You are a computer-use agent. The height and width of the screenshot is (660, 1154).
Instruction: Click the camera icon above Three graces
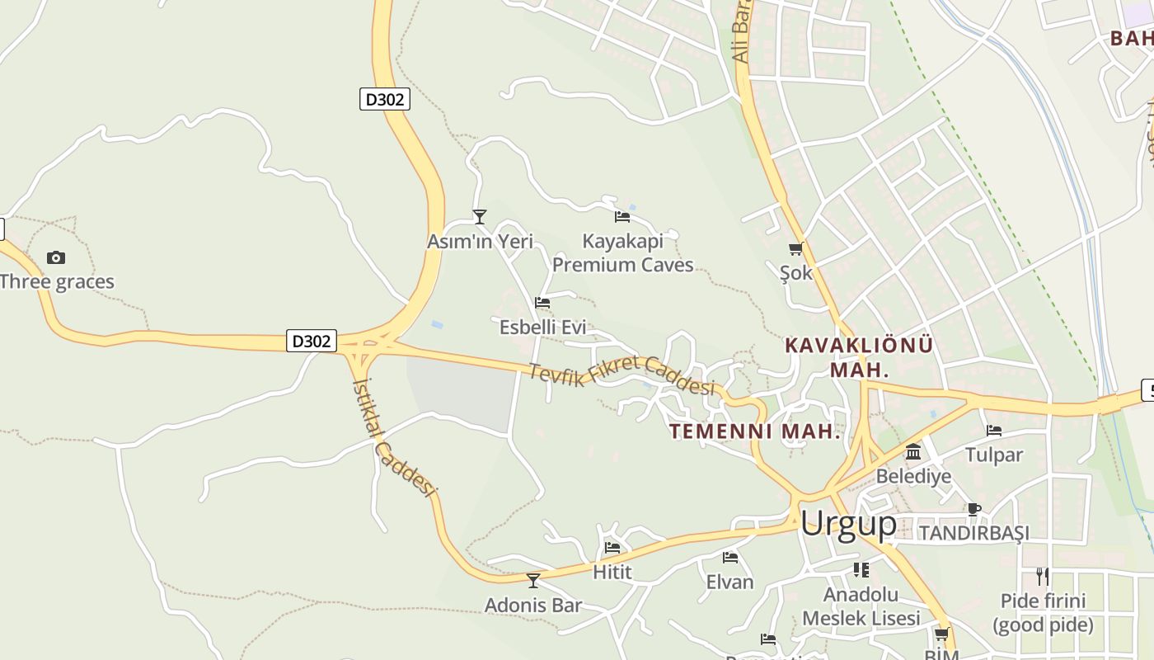56,257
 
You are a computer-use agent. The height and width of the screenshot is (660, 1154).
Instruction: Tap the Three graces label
57,281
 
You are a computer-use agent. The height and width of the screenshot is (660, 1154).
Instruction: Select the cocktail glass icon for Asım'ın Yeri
480,217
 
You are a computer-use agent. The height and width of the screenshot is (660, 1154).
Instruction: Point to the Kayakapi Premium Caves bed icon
622,217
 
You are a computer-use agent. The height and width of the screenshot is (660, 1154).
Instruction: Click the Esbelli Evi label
542,328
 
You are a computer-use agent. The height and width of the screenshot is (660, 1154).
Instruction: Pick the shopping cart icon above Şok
795,248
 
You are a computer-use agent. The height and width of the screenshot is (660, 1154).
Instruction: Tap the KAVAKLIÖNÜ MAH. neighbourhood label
859,356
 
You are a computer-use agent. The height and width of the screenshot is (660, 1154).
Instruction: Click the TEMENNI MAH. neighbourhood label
754,431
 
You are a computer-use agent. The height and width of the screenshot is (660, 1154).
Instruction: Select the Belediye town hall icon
913,452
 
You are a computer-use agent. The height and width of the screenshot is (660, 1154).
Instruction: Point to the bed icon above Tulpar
994,431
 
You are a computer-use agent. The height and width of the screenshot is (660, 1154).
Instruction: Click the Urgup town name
848,523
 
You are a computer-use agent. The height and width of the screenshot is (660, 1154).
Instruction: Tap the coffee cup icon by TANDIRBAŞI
973,509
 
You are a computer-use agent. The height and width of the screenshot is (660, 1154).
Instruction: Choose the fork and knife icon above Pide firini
1043,576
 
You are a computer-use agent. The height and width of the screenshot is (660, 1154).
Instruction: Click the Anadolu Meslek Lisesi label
861,606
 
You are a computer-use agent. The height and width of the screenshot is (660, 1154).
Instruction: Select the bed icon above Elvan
730,558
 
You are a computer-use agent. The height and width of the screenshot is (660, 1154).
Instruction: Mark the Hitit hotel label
612,572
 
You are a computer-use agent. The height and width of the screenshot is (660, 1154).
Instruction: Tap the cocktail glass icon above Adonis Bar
533,581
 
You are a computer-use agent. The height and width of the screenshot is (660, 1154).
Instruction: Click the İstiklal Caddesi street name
392,437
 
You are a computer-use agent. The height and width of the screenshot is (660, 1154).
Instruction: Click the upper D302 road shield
385,100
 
